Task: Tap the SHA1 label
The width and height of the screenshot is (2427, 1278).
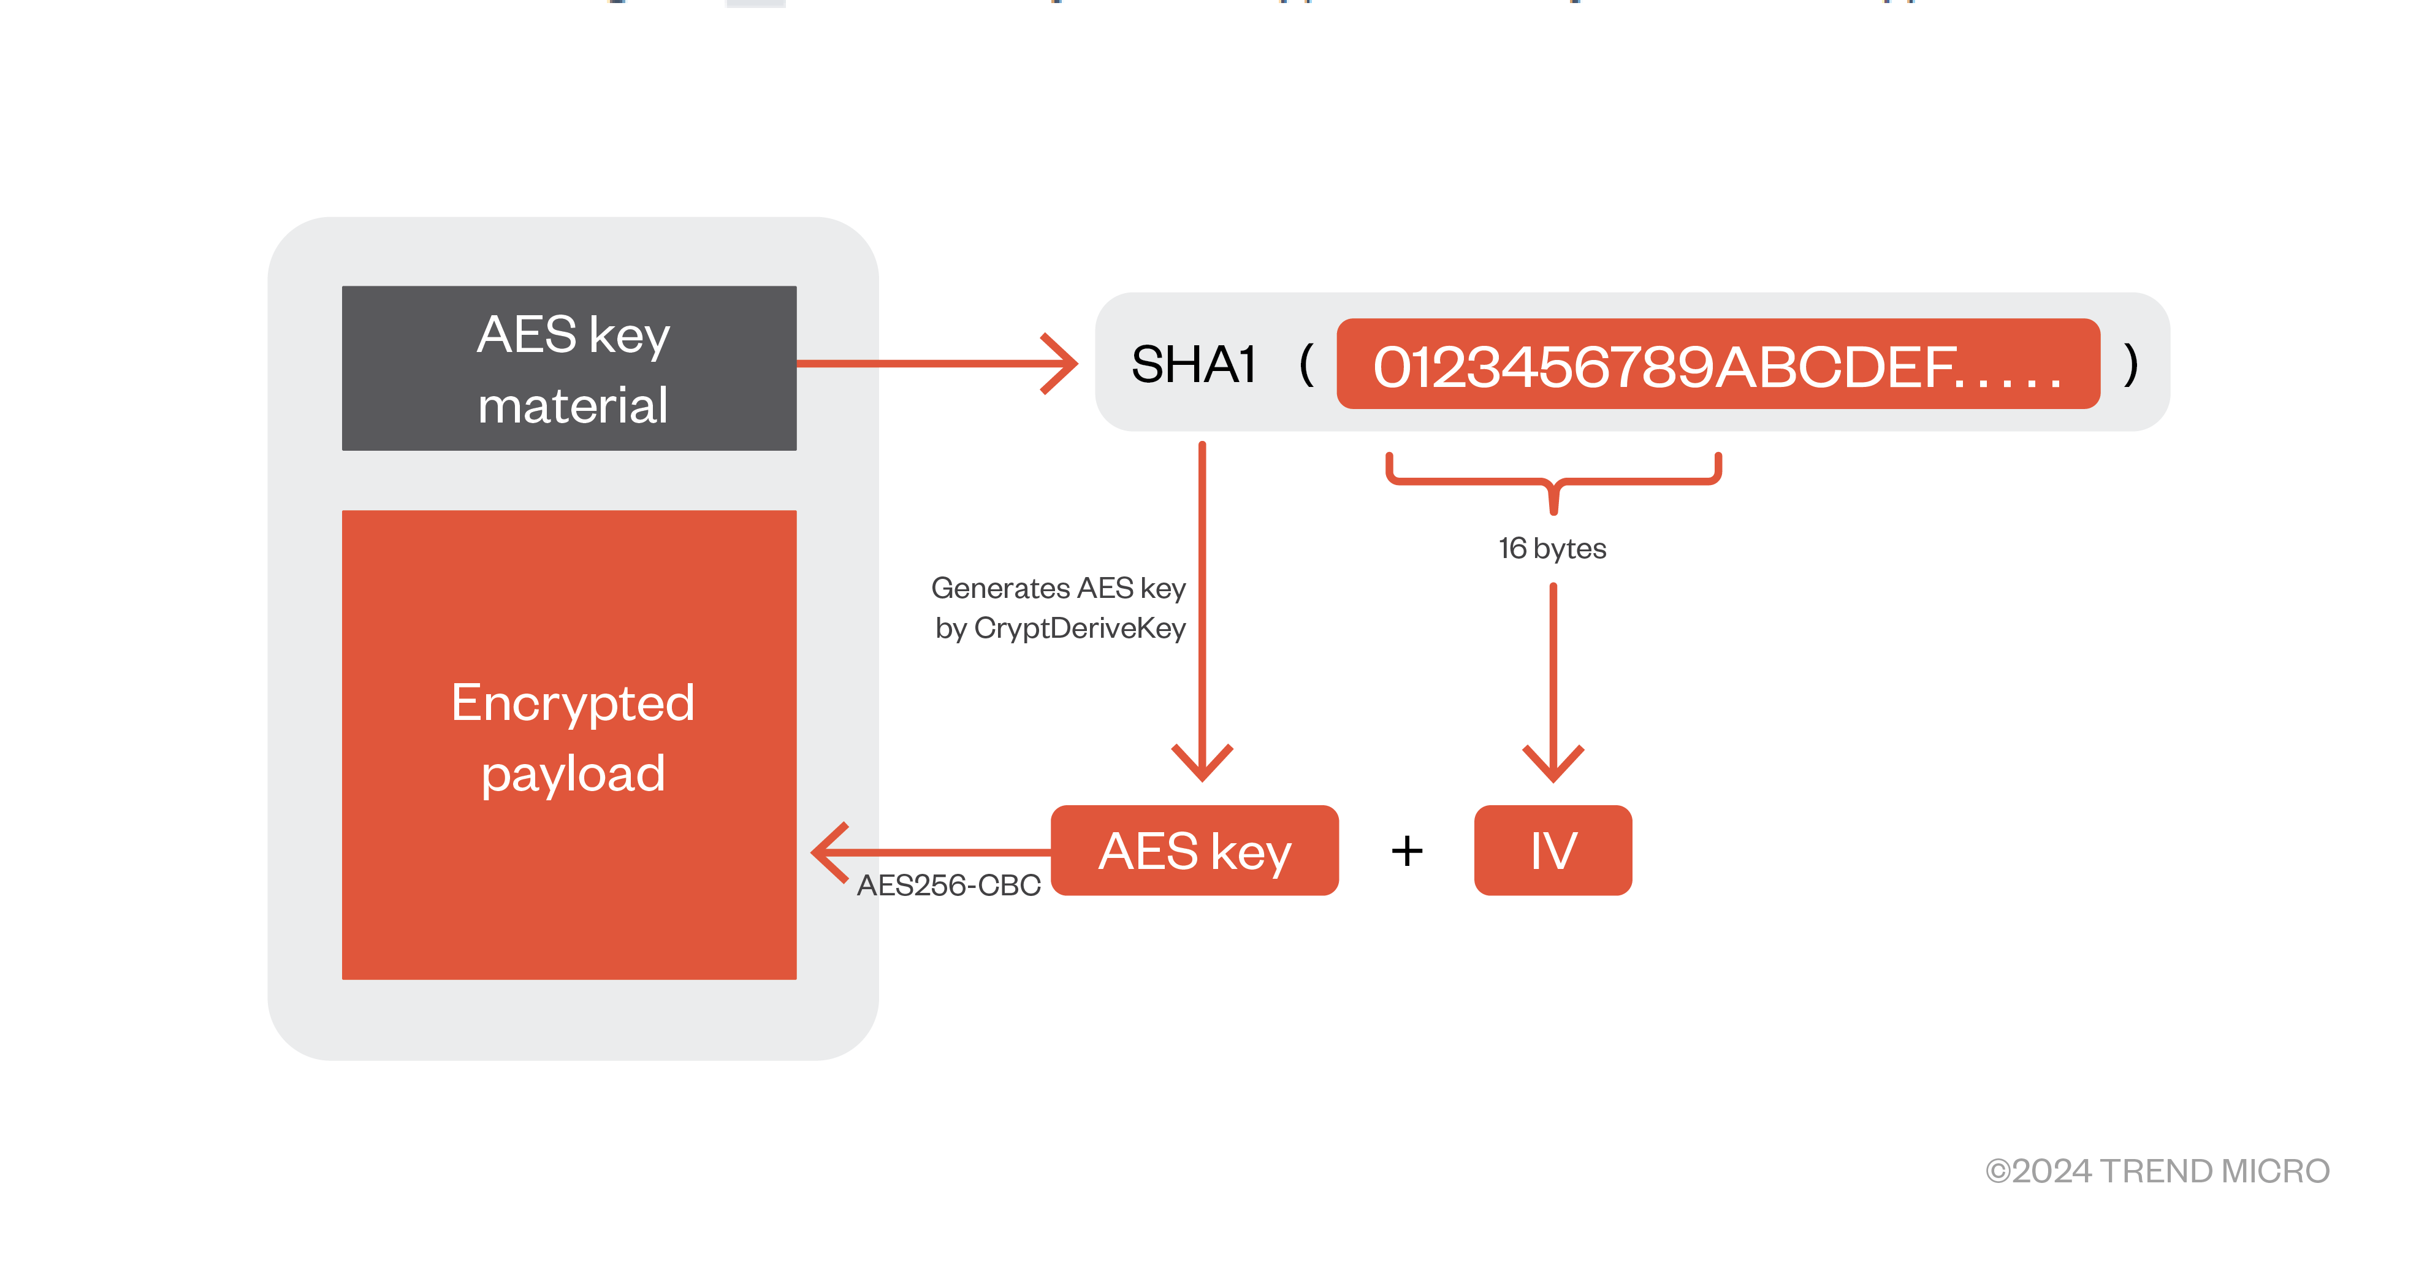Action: pyautogui.click(x=1193, y=365)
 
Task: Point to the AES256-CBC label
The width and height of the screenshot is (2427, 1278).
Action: pyautogui.click(x=948, y=885)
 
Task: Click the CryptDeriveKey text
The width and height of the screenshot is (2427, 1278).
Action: pyautogui.click(x=1079, y=628)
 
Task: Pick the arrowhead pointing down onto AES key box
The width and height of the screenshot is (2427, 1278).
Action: pyautogui.click(x=1202, y=762)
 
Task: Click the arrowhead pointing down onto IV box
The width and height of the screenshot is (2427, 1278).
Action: pyautogui.click(x=1553, y=762)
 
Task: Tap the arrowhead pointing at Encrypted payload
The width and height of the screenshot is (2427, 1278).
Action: pyautogui.click(x=829, y=852)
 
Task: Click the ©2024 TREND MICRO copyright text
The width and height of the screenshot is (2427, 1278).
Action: pyautogui.click(x=2157, y=1171)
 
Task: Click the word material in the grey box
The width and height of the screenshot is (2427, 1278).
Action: pyautogui.click(x=573, y=406)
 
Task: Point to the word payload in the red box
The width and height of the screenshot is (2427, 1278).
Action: pyautogui.click(x=573, y=774)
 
